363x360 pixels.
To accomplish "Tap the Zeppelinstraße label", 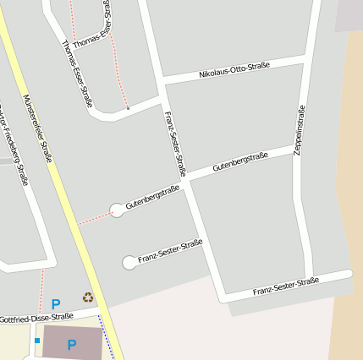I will point(299,129).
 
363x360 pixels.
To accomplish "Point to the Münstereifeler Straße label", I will point(39,128).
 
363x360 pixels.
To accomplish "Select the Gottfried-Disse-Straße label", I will point(37,318).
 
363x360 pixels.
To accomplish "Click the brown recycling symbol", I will point(88,297).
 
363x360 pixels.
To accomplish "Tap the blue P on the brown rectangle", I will point(72,345).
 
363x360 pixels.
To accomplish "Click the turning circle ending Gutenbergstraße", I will point(117,210).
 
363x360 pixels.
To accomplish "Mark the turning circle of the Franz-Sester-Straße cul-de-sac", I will point(129,263).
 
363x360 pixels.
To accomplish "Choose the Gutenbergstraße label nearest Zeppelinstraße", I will point(240,162).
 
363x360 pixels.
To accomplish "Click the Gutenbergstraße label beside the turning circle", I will point(152,197).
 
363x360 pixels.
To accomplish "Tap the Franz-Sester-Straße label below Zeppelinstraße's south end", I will point(285,286).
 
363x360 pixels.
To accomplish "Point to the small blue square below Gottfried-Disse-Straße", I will point(37,341).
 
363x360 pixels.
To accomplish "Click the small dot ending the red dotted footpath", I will point(128,108).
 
